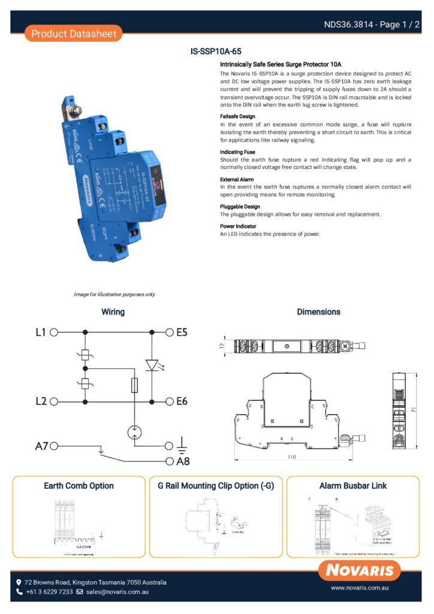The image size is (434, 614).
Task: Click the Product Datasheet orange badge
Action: tap(74, 34)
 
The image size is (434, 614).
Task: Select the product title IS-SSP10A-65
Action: tap(216, 52)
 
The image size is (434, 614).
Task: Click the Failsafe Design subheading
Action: tap(237, 116)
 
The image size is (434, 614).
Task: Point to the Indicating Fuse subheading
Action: tap(237, 152)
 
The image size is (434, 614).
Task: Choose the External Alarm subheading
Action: tap(237, 179)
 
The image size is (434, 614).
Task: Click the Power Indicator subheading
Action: tap(239, 226)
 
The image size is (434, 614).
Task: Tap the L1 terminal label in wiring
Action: tap(40, 331)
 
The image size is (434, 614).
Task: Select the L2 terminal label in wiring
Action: tap(40, 401)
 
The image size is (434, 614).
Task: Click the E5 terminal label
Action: tap(182, 331)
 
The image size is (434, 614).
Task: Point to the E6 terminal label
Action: tap(182, 401)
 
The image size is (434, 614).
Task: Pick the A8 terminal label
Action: tap(183, 462)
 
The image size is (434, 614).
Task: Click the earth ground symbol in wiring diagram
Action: tap(182, 446)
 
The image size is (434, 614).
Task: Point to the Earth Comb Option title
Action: tap(79, 486)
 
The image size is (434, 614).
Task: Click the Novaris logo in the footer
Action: tap(360, 570)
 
